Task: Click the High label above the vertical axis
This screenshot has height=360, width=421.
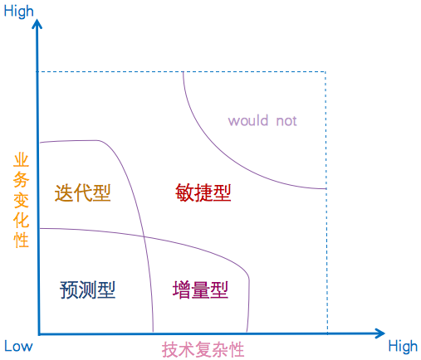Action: (18, 12)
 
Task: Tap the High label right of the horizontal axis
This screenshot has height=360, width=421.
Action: (403, 346)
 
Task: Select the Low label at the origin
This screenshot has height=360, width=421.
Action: (18, 346)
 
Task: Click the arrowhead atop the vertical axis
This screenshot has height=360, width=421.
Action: (37, 24)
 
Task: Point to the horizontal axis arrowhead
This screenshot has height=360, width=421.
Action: (380, 333)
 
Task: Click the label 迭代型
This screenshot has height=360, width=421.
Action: (82, 193)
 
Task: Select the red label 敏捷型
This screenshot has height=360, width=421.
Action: (203, 192)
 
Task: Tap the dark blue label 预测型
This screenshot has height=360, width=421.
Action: (87, 289)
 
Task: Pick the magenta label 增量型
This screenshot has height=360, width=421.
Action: (200, 289)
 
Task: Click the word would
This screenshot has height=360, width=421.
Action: (248, 120)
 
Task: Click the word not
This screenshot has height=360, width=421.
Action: (286, 121)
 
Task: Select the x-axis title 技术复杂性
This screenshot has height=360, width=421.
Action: (203, 349)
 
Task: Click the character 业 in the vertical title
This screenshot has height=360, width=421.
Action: (21, 161)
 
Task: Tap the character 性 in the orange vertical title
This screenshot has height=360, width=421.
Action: (21, 240)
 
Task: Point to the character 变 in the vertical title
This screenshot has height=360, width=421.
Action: (21, 200)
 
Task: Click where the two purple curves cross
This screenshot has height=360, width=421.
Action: (144, 236)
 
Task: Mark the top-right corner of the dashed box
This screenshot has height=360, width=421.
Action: (326, 71)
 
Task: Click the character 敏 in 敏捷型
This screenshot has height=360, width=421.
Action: (184, 192)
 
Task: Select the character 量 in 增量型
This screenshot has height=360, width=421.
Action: (200, 289)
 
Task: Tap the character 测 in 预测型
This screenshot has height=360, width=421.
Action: (87, 289)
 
